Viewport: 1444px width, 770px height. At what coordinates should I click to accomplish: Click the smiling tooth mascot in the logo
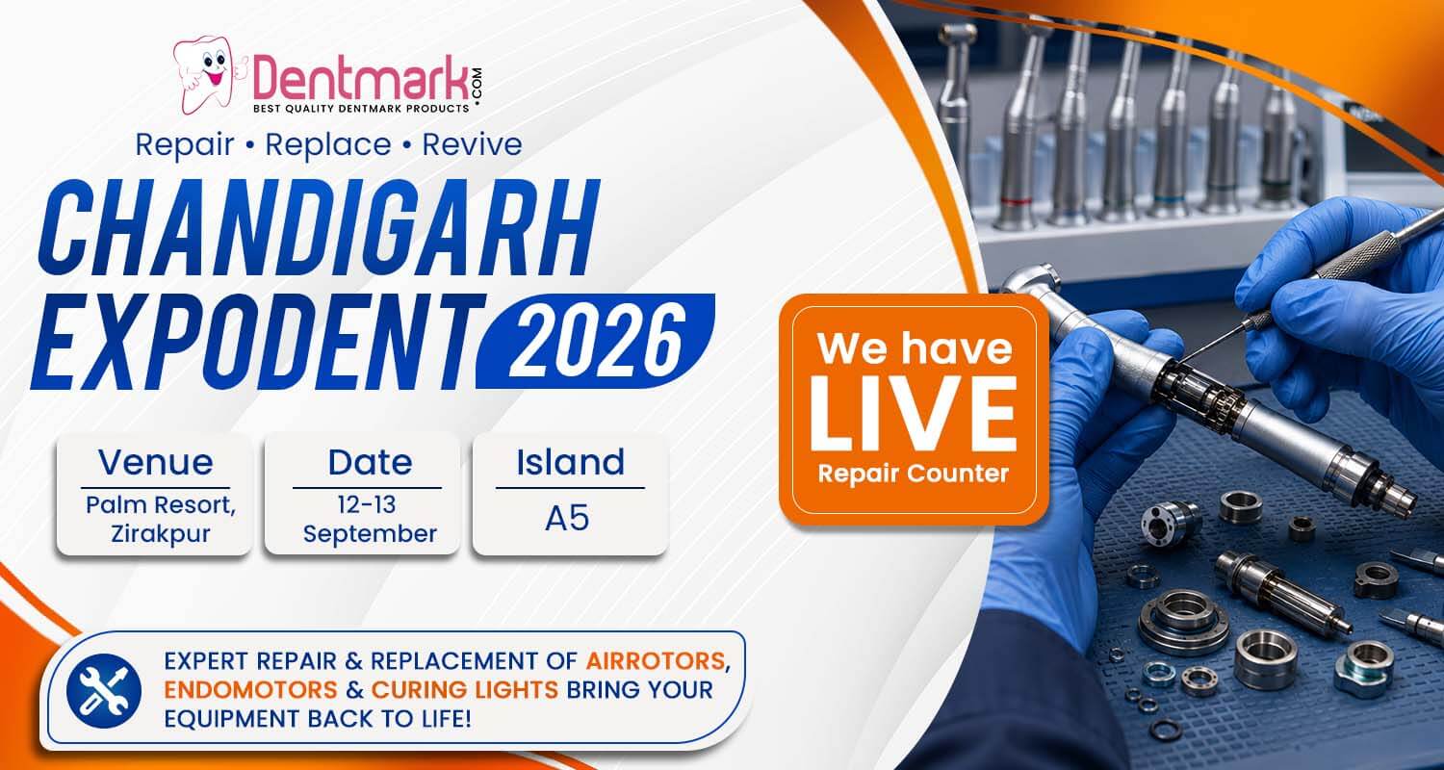(210, 75)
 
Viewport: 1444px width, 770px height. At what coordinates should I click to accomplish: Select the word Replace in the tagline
(328, 145)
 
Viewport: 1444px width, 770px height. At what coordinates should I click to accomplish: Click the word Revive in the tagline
(472, 144)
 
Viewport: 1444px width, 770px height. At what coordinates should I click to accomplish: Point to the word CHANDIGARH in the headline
(319, 229)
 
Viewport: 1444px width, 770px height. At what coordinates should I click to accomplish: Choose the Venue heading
(155, 463)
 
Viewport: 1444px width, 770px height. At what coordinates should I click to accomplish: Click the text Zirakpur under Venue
(161, 535)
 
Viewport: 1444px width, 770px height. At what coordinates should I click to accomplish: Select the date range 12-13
(366, 504)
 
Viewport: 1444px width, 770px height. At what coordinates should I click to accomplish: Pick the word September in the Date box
(370, 535)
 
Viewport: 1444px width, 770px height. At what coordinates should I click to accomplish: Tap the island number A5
(567, 519)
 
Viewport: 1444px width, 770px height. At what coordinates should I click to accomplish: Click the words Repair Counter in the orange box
(914, 475)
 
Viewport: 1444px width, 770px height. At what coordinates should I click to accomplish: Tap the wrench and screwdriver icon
(104, 691)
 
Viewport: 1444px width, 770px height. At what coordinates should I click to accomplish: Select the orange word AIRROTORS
(656, 661)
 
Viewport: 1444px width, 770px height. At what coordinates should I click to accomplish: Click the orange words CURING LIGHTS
(465, 690)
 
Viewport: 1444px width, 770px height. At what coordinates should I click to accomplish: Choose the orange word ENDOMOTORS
(250, 690)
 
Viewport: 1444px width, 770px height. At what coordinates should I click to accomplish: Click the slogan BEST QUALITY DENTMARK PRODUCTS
(361, 108)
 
